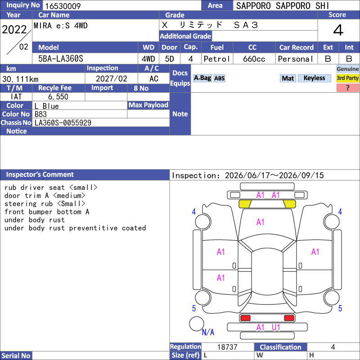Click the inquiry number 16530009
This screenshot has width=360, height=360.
[x=63, y=6]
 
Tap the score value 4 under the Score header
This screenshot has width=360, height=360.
[x=338, y=30]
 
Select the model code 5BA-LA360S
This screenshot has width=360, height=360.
[x=61, y=59]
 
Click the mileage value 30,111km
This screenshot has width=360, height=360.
[x=20, y=79]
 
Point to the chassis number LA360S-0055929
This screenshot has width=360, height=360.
[x=63, y=123]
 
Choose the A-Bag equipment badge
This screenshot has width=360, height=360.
[x=202, y=78]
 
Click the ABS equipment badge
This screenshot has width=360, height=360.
[x=219, y=78]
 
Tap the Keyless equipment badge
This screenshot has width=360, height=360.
[x=314, y=78]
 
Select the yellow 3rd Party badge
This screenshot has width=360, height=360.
[x=347, y=78]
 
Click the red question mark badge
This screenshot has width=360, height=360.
[x=347, y=88]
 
